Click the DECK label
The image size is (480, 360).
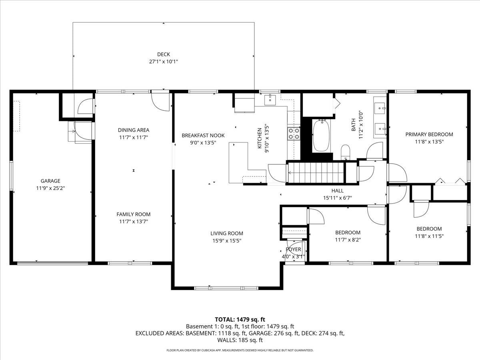[163, 54]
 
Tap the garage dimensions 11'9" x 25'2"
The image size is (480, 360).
[50, 188]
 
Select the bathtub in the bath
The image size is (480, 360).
[321, 136]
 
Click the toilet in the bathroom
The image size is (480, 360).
[346, 152]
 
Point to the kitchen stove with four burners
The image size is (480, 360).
[294, 134]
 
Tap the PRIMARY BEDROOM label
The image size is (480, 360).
[429, 134]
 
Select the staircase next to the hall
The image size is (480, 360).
[316, 172]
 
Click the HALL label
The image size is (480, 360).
[337, 191]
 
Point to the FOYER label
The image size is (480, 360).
[293, 250]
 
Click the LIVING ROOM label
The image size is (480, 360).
[227, 234]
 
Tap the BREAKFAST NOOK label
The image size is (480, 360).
[203, 136]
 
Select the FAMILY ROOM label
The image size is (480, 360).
[133, 214]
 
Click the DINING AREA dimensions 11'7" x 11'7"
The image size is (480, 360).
[133, 137]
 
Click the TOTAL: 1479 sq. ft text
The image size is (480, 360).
[240, 319]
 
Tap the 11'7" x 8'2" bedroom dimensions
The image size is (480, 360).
[348, 240]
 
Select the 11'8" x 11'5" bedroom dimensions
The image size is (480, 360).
[429, 236]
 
